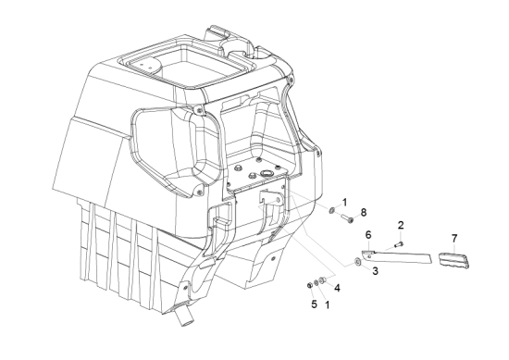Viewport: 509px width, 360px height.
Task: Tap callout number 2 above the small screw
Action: tap(401, 225)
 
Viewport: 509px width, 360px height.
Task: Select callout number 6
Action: tap(368, 234)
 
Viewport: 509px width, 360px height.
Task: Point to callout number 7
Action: tap(454, 239)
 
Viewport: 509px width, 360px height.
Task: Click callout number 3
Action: tap(375, 271)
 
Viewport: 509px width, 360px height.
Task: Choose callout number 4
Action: tap(337, 288)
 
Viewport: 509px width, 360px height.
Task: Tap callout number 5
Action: tap(314, 304)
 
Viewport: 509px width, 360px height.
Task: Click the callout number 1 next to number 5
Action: tap(328, 304)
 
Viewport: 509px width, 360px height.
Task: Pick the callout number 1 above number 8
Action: tap(344, 203)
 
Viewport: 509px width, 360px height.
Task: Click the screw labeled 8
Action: tap(347, 217)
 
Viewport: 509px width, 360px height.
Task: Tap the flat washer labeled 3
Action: tap(358, 262)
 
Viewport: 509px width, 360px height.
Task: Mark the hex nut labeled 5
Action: tap(310, 285)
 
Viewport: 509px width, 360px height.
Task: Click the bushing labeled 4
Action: tap(323, 279)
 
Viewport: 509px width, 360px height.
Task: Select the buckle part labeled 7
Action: tap(454, 259)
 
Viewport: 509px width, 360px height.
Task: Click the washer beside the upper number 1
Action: tap(332, 211)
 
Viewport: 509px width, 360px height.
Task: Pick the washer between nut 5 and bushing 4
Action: tap(317, 282)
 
